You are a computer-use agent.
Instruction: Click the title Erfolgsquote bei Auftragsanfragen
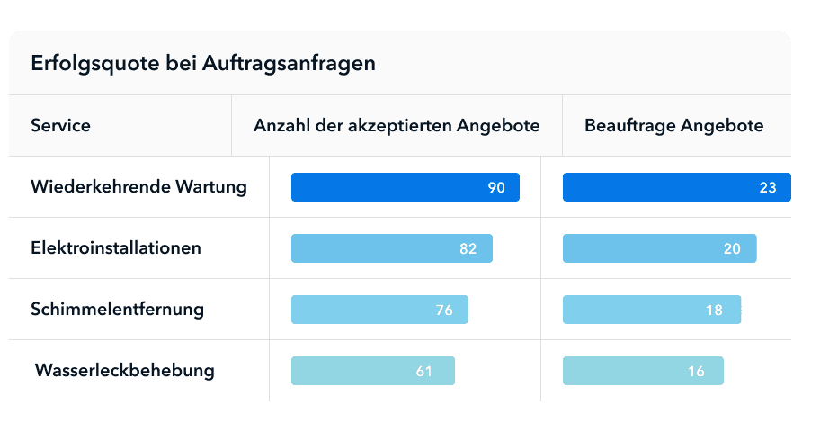[x=203, y=64]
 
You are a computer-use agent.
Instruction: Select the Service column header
[x=60, y=125]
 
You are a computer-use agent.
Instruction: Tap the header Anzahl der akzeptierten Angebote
[x=397, y=125]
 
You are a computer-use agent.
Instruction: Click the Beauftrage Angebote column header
[x=673, y=125]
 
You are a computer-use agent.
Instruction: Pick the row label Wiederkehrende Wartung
[x=138, y=187]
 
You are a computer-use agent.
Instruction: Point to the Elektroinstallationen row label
[x=116, y=247]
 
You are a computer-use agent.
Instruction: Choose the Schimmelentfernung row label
[x=117, y=309]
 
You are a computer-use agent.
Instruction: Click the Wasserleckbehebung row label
[x=124, y=370]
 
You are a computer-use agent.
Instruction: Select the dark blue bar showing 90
[x=405, y=187]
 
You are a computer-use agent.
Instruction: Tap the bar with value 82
[x=391, y=248]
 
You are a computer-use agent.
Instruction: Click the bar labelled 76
[x=379, y=310]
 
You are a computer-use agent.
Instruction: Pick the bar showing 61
[x=372, y=371]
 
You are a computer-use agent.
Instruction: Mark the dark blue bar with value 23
[x=676, y=187]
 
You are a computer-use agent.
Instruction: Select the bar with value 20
[x=659, y=248]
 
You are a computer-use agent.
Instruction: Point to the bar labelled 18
[x=651, y=310]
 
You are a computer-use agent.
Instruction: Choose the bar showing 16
[x=643, y=371]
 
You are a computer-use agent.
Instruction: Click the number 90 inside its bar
[x=496, y=187]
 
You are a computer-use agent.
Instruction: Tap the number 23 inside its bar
[x=768, y=187]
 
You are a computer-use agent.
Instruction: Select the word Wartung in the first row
[x=211, y=187]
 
